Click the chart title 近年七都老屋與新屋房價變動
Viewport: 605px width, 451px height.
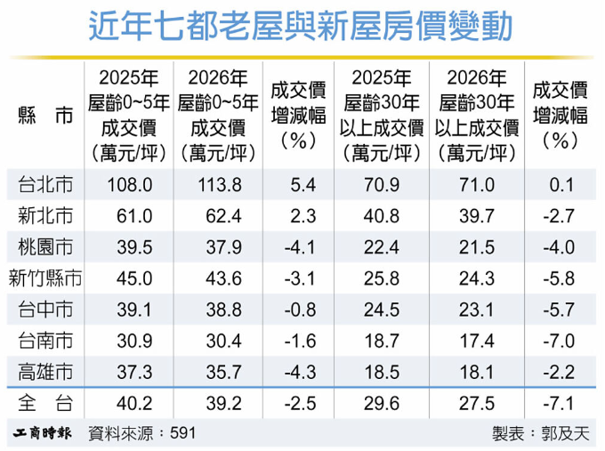[301, 26]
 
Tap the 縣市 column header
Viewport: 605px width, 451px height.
[45, 116]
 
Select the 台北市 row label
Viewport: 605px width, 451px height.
[45, 184]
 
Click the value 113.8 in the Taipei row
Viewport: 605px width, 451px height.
[220, 185]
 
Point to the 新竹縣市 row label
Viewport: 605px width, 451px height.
[45, 278]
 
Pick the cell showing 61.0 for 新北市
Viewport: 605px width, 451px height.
[134, 216]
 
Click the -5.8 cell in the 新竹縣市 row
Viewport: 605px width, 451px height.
[559, 278]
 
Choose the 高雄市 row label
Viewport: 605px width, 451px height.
[45, 372]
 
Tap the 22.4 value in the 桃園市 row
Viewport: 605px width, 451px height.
[381, 247]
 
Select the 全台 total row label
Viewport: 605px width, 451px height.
[45, 403]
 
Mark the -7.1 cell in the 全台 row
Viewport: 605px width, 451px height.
[559, 404]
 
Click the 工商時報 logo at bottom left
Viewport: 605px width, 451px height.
[42, 433]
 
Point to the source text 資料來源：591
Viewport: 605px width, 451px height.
[142, 433]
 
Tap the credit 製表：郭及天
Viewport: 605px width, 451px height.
[541, 433]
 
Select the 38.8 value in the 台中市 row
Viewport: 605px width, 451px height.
[224, 310]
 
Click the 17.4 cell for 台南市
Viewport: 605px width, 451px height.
[477, 341]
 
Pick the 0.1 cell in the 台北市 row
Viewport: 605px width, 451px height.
[561, 185]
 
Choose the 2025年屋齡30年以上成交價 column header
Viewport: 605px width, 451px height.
[381, 116]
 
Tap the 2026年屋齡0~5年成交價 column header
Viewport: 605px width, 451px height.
[218, 116]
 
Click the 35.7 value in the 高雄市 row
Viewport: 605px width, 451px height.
[224, 373]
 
